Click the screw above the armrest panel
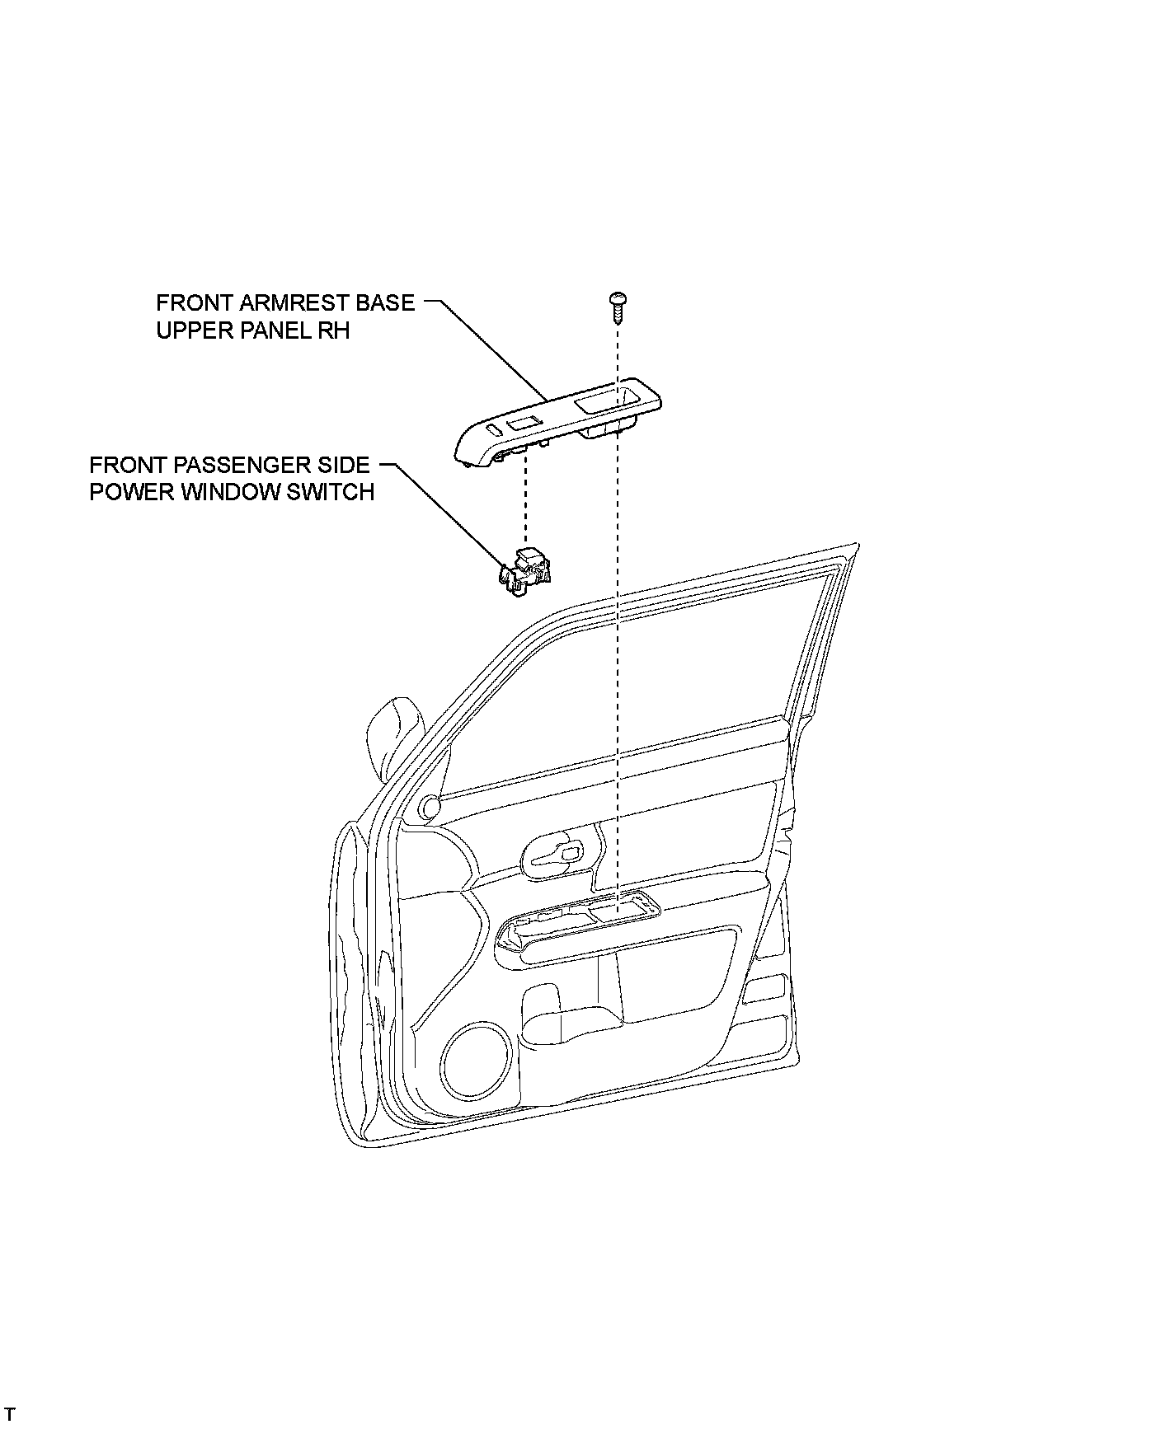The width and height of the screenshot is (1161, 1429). (616, 305)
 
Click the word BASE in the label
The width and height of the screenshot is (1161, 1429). (385, 302)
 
